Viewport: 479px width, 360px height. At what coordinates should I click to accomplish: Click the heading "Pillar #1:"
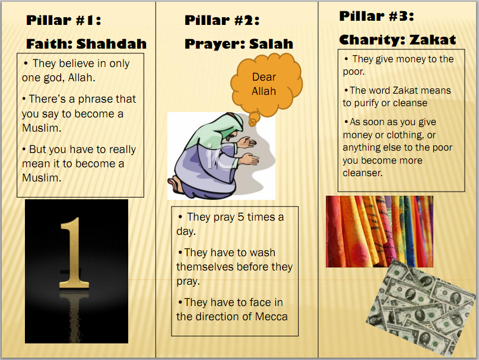(x=64, y=21)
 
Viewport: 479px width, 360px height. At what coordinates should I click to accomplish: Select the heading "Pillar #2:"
(x=222, y=21)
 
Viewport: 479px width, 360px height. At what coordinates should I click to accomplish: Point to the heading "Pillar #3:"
(x=376, y=15)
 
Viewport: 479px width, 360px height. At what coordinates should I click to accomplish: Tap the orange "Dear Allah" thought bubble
(x=264, y=84)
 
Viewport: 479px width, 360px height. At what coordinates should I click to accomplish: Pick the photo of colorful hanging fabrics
(x=379, y=231)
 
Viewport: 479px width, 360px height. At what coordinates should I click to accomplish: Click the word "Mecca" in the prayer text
(x=271, y=316)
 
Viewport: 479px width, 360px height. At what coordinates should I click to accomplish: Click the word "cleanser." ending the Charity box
(x=362, y=173)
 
